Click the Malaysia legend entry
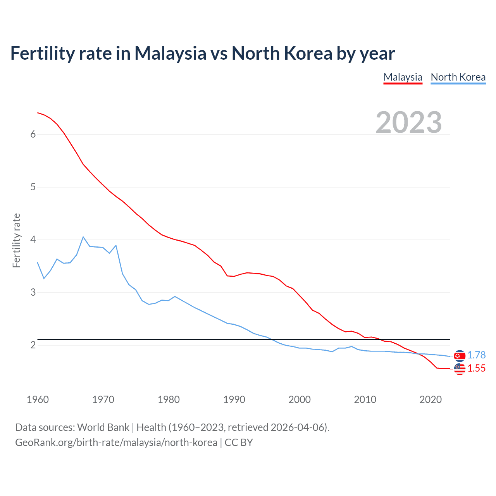tap(403, 77)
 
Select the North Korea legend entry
tap(458, 77)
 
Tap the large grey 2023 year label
tap(408, 122)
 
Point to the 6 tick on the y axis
tap(33, 134)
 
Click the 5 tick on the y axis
tap(33, 187)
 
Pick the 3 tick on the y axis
tap(33, 292)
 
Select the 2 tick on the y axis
tap(33, 345)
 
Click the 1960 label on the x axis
tap(38, 400)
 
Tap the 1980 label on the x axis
tap(169, 400)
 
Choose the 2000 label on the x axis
tap(300, 400)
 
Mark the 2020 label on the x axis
tap(431, 400)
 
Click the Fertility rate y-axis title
tap(16, 240)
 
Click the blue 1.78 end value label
tap(476, 355)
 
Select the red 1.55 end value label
tap(476, 368)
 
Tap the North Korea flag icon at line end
tap(460, 356)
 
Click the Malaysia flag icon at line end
tap(460, 369)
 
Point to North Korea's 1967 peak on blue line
tap(83, 237)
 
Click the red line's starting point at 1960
tap(38, 113)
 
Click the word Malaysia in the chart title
tap(170, 53)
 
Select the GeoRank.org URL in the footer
tap(116, 443)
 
